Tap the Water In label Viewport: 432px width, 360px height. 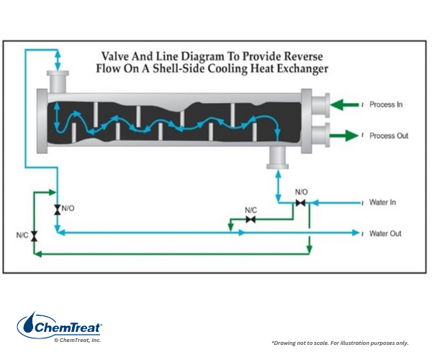tap(382, 202)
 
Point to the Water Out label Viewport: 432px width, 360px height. tap(384, 233)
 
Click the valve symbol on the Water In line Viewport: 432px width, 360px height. tap(300, 204)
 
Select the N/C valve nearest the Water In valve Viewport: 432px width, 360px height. tap(251, 220)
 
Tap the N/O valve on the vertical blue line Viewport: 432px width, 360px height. tap(57, 209)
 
